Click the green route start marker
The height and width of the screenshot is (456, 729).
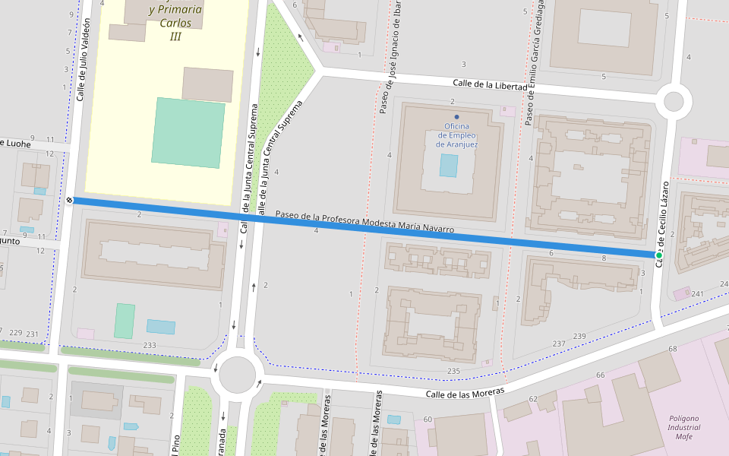[x=658, y=255]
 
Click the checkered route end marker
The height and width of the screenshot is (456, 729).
[x=69, y=200]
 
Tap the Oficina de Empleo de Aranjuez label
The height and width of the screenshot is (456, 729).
[x=456, y=135]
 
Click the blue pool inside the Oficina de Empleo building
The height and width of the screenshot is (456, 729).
[x=449, y=166]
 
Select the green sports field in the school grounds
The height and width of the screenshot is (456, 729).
[x=188, y=132]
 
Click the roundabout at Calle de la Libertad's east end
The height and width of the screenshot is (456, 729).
[x=674, y=101]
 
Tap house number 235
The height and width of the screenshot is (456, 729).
[x=454, y=371]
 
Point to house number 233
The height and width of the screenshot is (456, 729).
[x=150, y=345]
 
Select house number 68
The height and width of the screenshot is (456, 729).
[x=672, y=349]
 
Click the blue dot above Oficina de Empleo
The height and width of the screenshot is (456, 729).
[x=456, y=116]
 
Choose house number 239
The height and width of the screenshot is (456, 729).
[x=579, y=336]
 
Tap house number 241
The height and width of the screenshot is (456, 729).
[x=698, y=293]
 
